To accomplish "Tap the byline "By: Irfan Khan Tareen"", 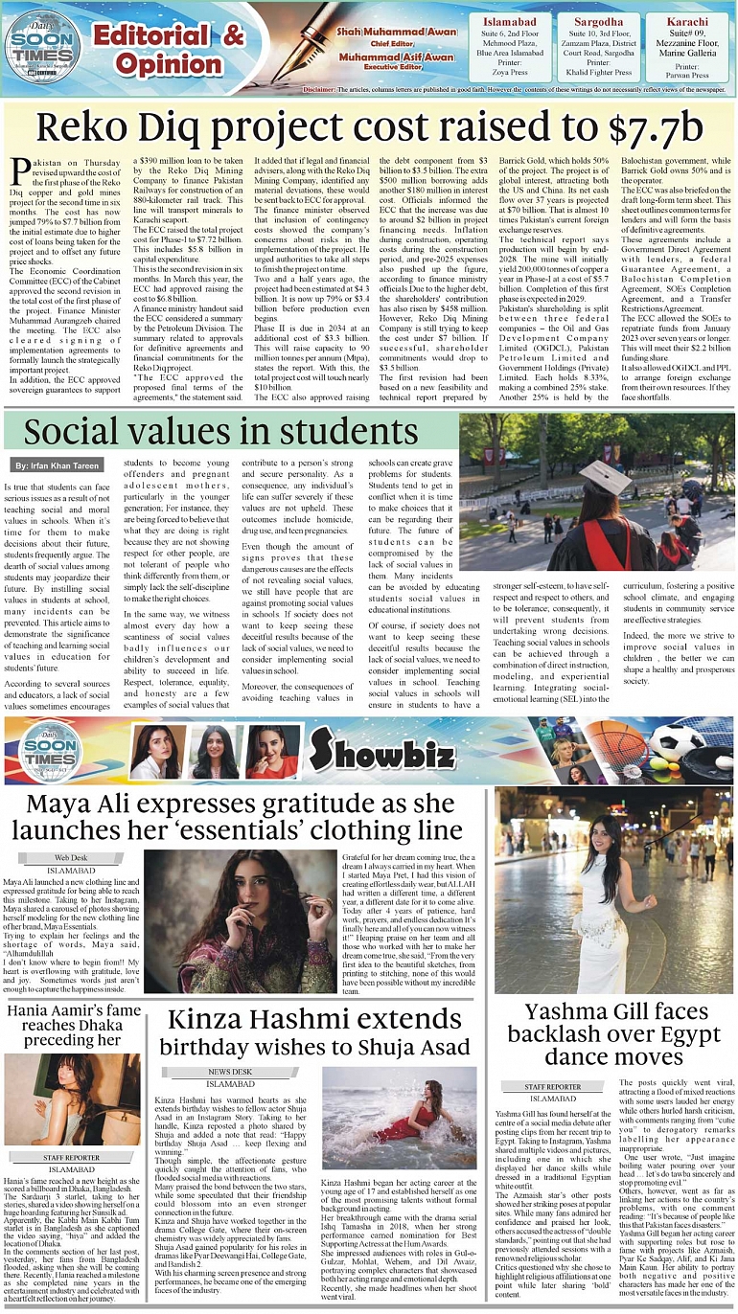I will point(58,464).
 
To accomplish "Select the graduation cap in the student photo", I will point(604,475).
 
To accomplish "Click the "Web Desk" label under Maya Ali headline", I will point(71,857).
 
